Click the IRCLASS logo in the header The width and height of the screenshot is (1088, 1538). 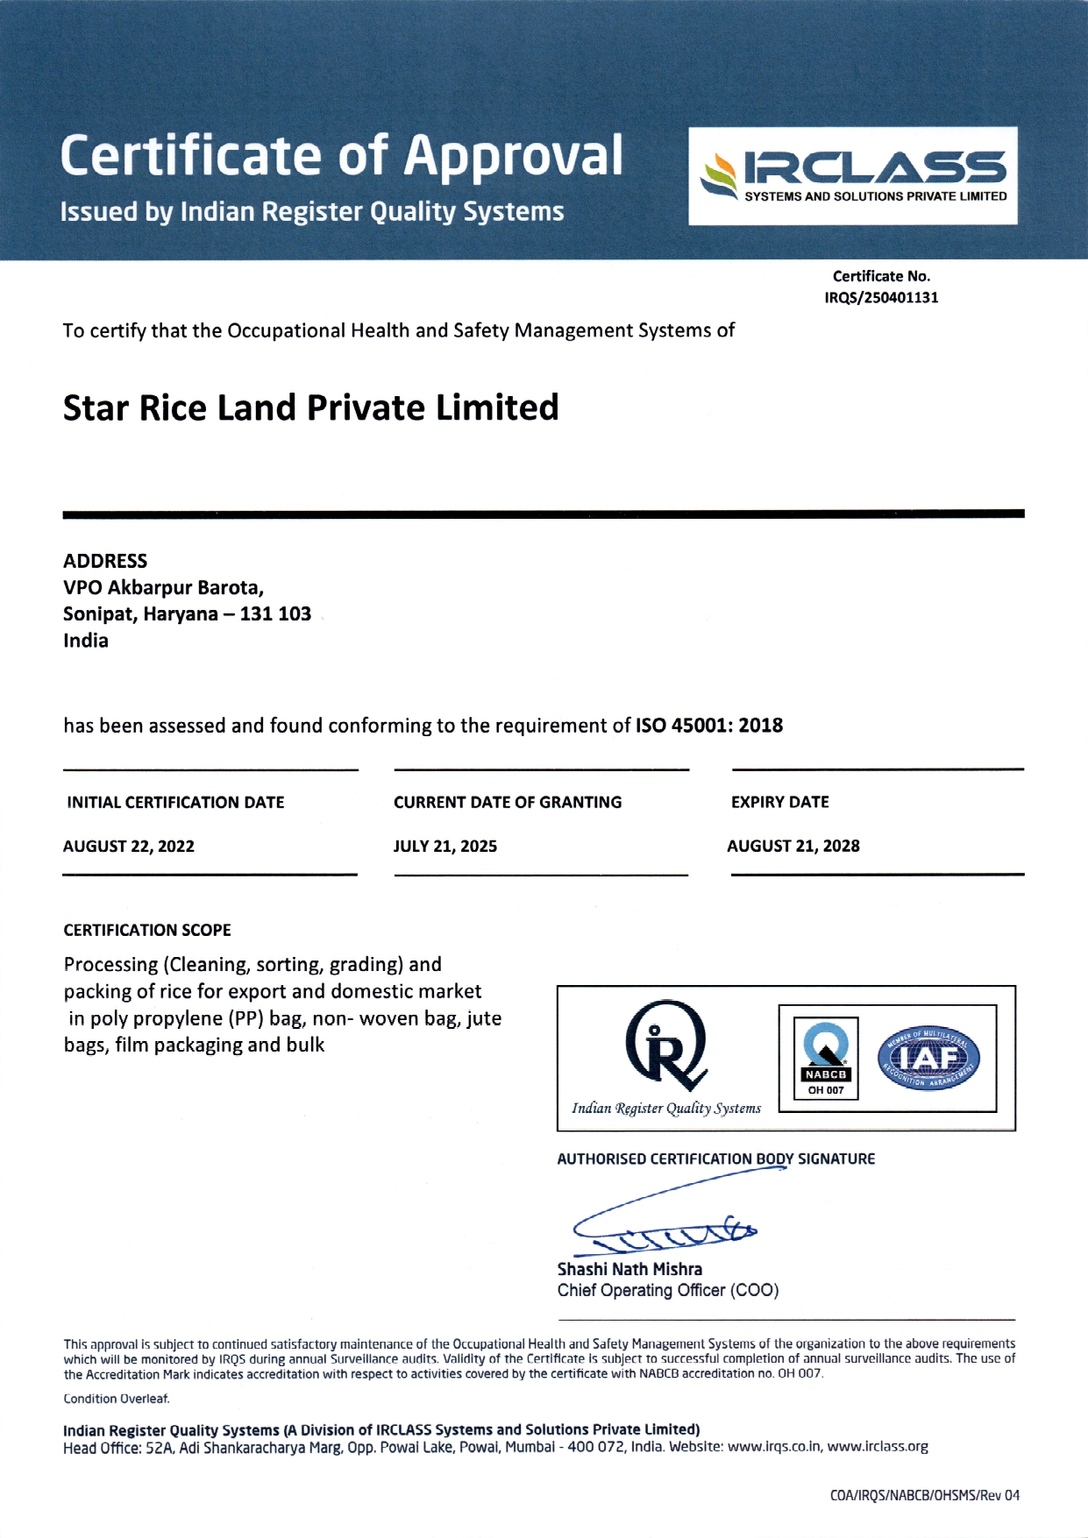tap(853, 175)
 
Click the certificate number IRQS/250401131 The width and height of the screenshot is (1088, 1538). tap(881, 298)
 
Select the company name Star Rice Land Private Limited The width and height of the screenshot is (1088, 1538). tap(310, 408)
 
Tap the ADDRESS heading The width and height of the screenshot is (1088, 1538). tap(105, 561)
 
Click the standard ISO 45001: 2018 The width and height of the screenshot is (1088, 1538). tap(708, 726)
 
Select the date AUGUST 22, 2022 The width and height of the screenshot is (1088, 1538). tap(129, 847)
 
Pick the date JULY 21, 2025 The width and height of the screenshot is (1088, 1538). tap(445, 847)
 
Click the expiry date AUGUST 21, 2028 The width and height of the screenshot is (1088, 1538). tap(793, 847)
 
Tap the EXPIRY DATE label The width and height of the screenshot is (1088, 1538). tap(780, 802)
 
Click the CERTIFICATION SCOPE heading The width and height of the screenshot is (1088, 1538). tap(147, 931)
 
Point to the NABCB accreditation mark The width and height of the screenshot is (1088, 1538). tap(826, 1058)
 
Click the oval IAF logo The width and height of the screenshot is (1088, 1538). tap(928, 1059)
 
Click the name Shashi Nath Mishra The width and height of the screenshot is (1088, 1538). tap(629, 1270)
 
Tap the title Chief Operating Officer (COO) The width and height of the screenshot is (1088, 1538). tap(668, 1291)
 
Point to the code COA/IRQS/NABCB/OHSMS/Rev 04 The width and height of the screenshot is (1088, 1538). tap(925, 1496)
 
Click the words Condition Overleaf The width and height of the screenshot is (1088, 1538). tap(117, 1400)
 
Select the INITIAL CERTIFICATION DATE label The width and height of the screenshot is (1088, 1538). tap(175, 803)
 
